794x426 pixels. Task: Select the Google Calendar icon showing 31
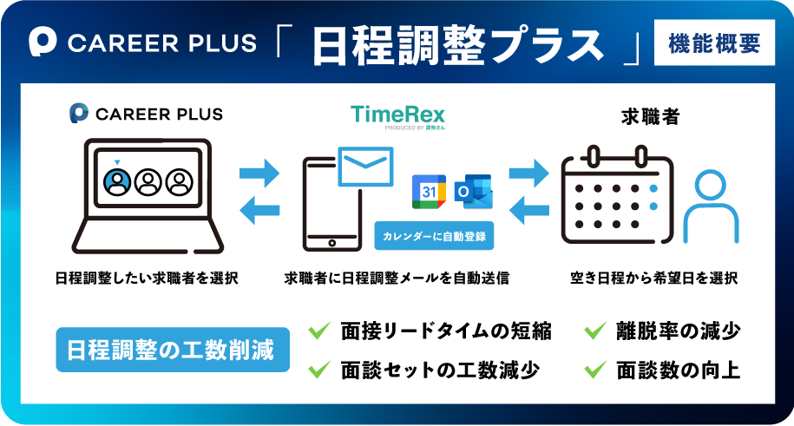(x=429, y=192)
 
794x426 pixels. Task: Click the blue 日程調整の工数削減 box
(x=172, y=350)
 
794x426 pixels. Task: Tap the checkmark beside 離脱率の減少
(x=594, y=331)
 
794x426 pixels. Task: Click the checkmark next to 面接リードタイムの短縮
(x=319, y=331)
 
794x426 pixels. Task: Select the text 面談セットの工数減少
(x=440, y=370)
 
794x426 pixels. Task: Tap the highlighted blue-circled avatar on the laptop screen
(x=117, y=181)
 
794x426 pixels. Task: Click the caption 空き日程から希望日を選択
(x=653, y=279)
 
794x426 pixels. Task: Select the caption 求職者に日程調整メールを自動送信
(x=396, y=279)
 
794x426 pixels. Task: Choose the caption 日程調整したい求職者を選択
(x=146, y=279)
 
